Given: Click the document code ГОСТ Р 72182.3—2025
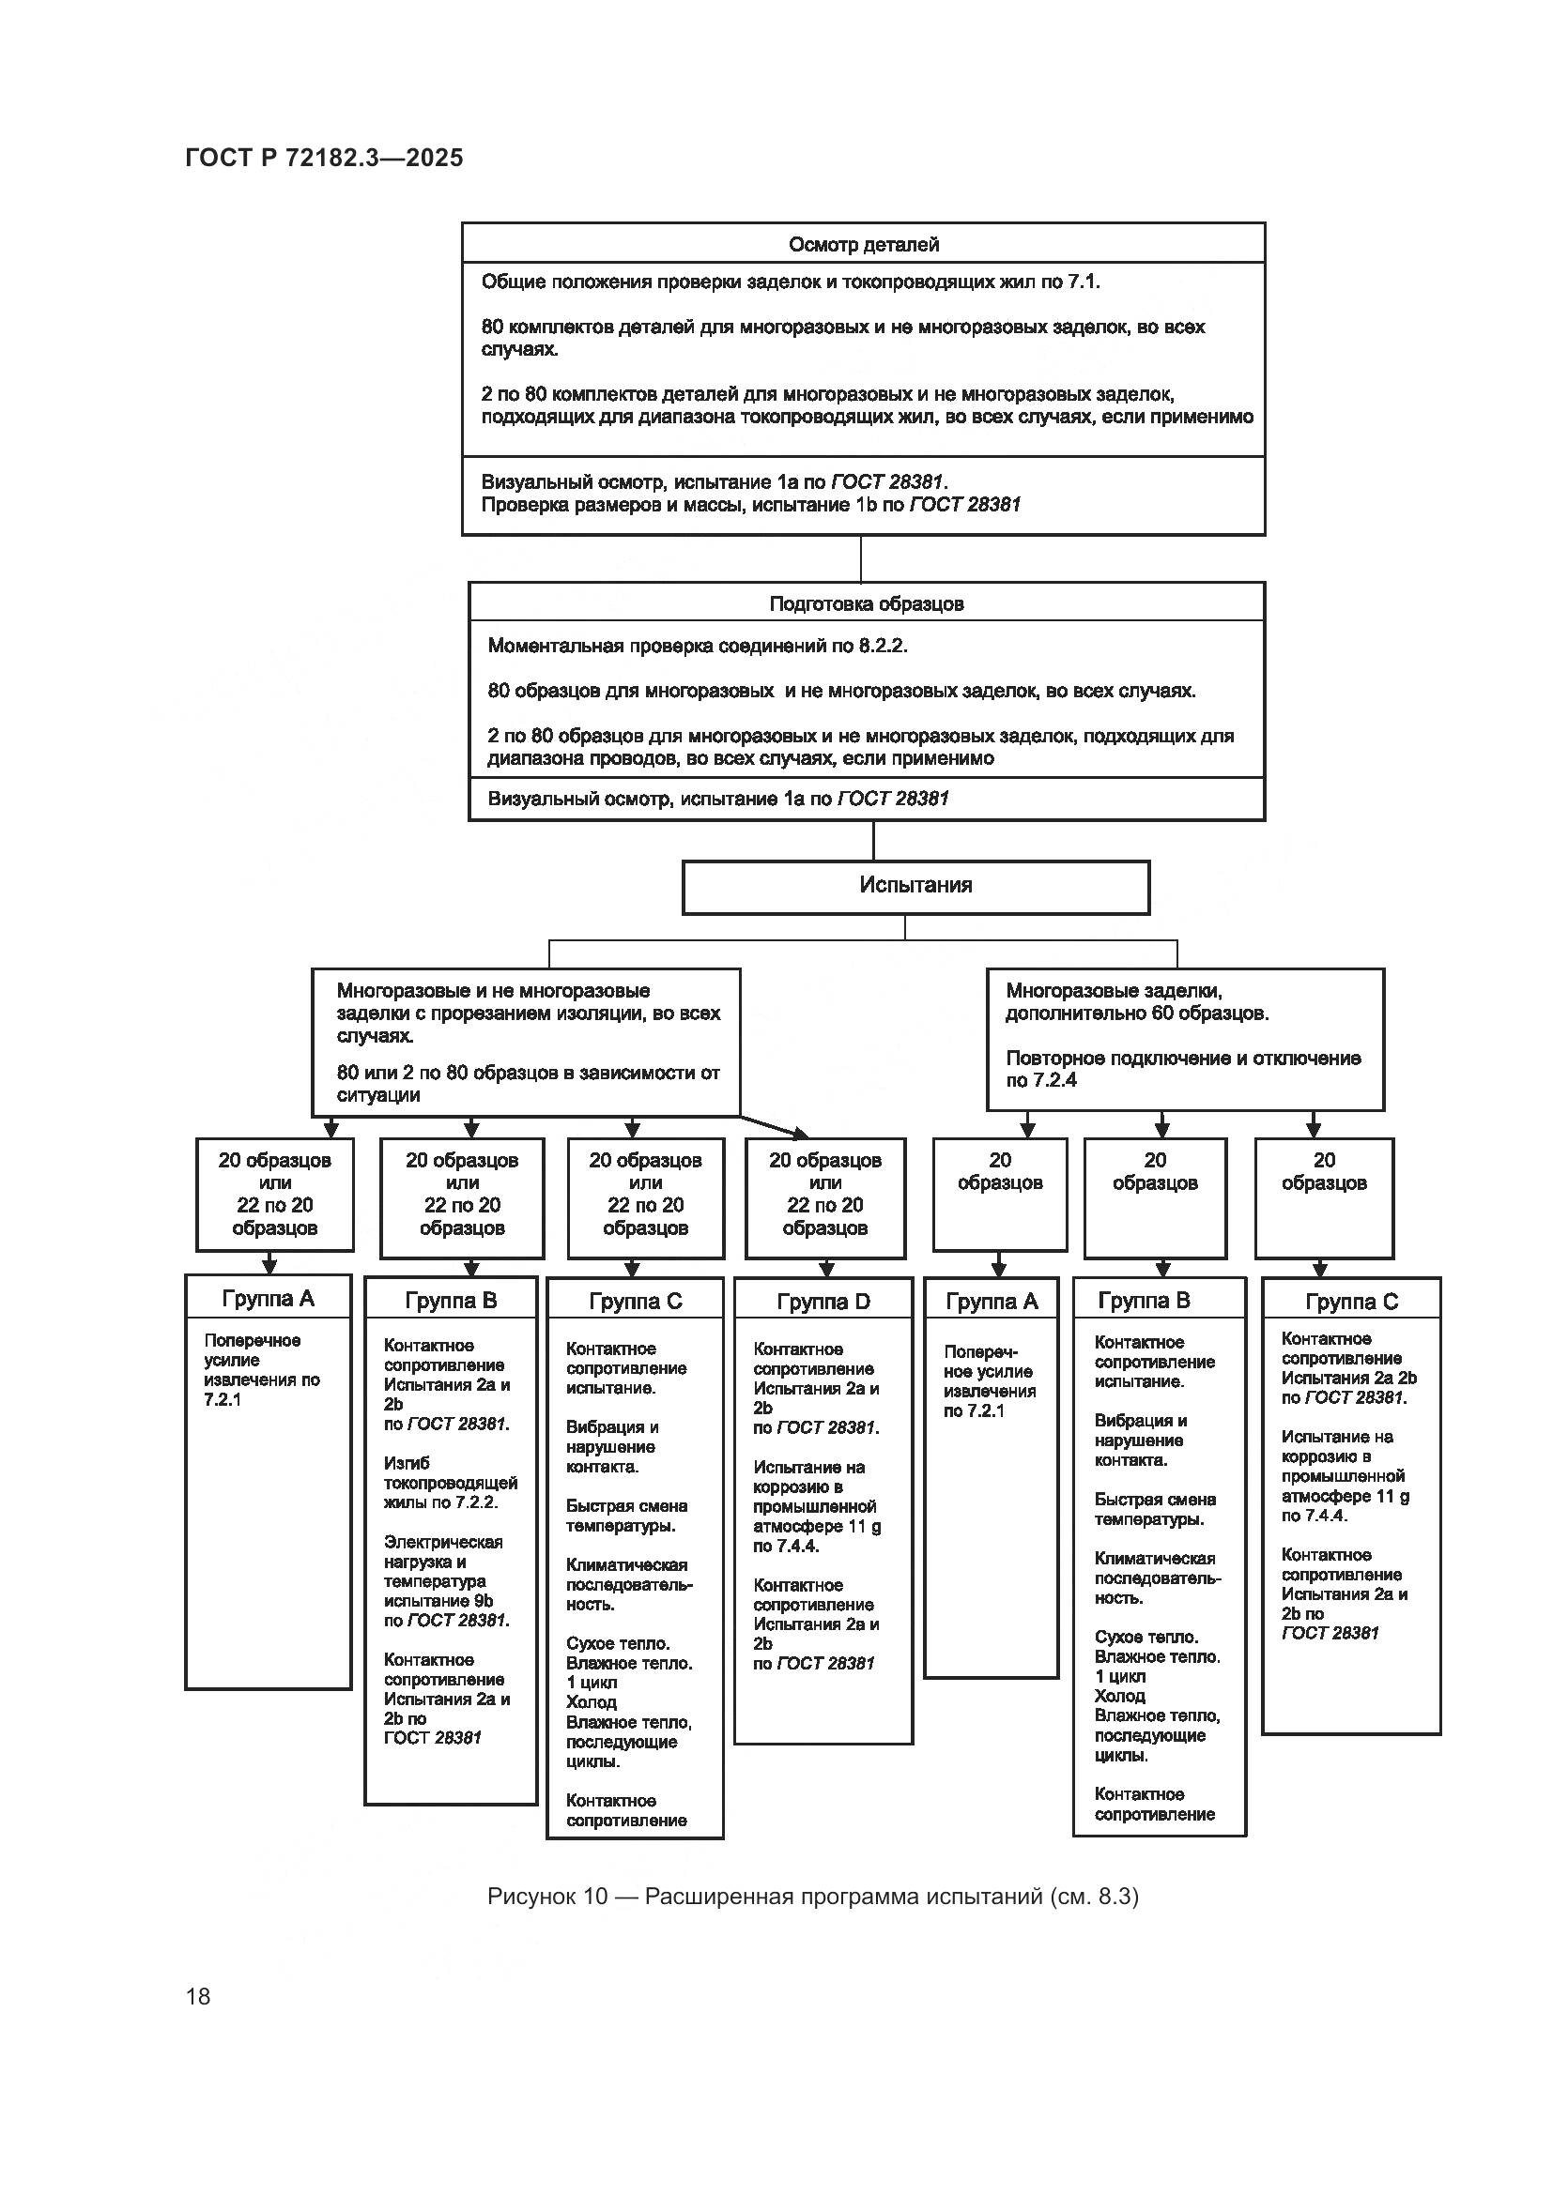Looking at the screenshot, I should pyautogui.click(x=324, y=158).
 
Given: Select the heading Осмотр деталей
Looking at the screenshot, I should pyautogui.click(x=864, y=245).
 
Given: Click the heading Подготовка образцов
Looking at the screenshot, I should pyautogui.click(x=867, y=604).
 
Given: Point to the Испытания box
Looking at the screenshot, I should pyautogui.click(x=915, y=886).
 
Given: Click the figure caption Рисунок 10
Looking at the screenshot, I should pyautogui.click(x=812, y=1897).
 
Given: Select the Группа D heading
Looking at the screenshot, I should pyautogui.click(x=823, y=1301).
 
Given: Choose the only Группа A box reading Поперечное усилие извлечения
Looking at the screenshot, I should pyautogui.click(x=262, y=1370).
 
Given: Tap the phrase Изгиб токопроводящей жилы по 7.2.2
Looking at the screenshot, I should pyautogui.click(x=451, y=1483).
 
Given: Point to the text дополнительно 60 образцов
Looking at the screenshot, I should pyautogui.click(x=1137, y=1014).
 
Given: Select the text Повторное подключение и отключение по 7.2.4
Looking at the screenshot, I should pyautogui.click(x=1183, y=1069).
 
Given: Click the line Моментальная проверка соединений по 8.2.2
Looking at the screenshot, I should pyautogui.click(x=697, y=647).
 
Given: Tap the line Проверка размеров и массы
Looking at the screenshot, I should pyautogui.click(x=751, y=505).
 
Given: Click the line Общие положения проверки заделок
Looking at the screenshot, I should pyautogui.click(x=791, y=282).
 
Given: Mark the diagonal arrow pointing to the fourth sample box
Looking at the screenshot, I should pyautogui.click(x=773, y=1126).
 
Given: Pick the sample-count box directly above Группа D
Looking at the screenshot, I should pyautogui.click(x=824, y=1196).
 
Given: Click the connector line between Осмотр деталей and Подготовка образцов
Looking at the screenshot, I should pyautogui.click(x=862, y=558).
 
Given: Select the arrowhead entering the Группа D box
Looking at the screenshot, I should pyautogui.click(x=827, y=1270).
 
